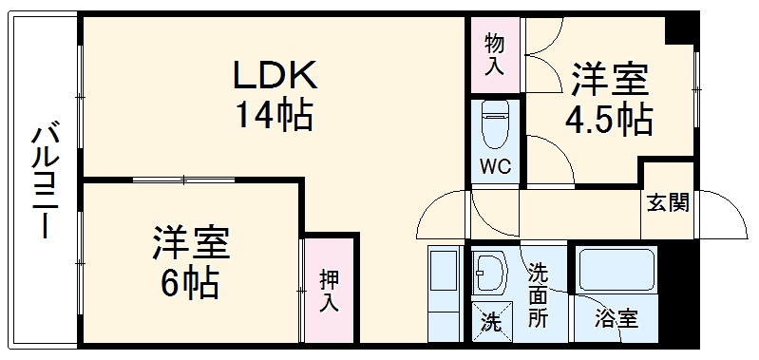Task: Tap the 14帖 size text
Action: pos(275,116)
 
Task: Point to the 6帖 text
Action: pos(191,283)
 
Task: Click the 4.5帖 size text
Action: pos(608,119)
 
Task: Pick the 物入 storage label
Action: pos(494,54)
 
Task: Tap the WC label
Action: pos(494,166)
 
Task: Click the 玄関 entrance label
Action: pos(669,202)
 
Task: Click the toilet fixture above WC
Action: pos(494,123)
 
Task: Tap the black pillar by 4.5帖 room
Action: pos(678,28)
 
